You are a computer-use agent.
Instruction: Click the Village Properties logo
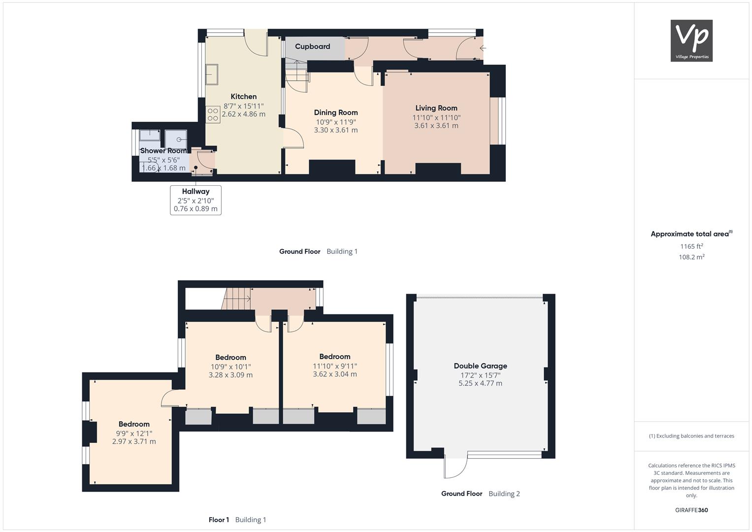coord(691,40)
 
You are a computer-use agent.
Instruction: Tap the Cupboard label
coord(313,46)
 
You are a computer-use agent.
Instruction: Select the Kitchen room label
coord(244,97)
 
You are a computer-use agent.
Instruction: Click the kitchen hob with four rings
coord(213,114)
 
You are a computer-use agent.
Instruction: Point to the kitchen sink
coord(212,74)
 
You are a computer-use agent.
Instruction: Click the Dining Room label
coord(336,112)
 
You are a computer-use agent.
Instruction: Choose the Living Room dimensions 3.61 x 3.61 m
coord(436,126)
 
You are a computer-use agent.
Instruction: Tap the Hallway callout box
coord(196,200)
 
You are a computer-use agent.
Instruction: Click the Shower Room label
coord(163,151)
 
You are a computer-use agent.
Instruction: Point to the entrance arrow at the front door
coord(483,48)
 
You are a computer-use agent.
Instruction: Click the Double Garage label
coord(481,366)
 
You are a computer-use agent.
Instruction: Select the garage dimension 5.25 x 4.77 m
coord(481,383)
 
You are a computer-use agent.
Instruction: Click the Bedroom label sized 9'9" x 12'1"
coord(134,424)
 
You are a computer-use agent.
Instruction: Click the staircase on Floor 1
coord(236,299)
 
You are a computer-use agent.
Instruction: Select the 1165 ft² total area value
coord(691,246)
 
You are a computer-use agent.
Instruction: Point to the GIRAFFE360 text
coord(691,510)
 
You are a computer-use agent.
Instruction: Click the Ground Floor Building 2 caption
coord(481,494)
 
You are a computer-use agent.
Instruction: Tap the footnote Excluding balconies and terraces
coord(691,436)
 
